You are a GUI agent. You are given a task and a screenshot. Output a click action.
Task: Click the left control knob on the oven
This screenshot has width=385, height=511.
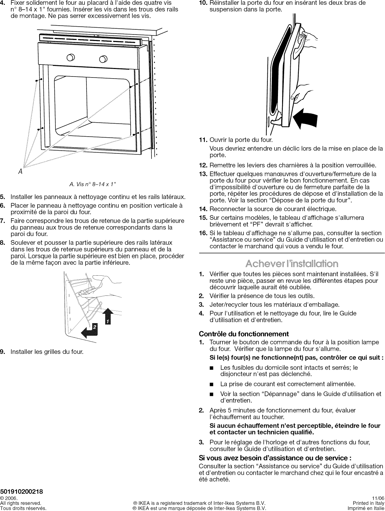[x=70, y=57]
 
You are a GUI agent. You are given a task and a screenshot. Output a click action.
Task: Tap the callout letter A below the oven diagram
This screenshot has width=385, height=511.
[x=21, y=172]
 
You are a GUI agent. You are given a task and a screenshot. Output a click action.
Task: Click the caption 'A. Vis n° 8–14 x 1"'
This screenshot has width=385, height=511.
[x=93, y=185]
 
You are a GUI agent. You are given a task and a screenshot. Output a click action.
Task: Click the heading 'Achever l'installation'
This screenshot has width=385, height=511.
[x=292, y=264]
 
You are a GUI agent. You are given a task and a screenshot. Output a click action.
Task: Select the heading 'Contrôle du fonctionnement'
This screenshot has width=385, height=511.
[x=244, y=334]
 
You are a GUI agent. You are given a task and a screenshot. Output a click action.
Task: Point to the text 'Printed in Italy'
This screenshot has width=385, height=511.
[x=368, y=503]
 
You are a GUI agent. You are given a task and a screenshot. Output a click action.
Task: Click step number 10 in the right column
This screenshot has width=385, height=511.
[x=203, y=3]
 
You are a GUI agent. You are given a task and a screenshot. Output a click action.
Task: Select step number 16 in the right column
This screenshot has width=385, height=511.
[x=203, y=233]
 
